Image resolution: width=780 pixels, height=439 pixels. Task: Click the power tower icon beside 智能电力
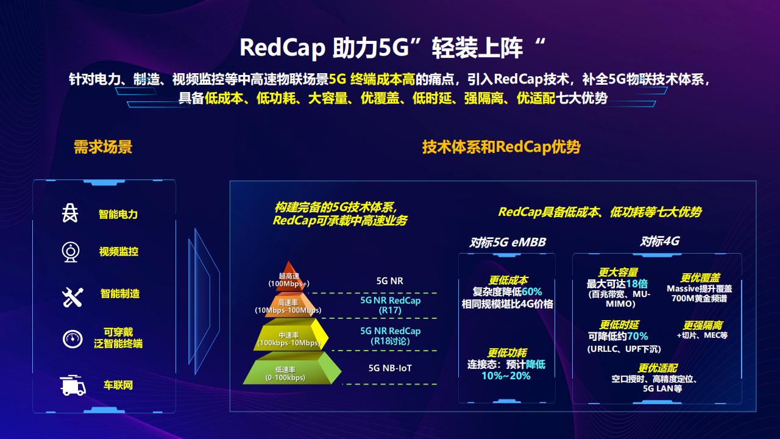click(x=71, y=213)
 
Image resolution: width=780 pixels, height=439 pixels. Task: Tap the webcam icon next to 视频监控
click(x=71, y=251)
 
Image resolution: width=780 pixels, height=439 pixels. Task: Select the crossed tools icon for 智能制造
click(x=72, y=297)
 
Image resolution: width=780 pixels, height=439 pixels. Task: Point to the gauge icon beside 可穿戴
click(x=72, y=338)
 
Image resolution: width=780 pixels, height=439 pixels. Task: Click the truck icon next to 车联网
click(x=73, y=385)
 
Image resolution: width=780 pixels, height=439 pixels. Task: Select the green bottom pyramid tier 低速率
click(x=286, y=370)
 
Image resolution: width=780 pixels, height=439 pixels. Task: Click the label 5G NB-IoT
click(x=390, y=368)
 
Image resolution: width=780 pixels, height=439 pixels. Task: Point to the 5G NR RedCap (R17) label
click(x=390, y=305)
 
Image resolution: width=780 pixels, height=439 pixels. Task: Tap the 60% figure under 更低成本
click(x=531, y=291)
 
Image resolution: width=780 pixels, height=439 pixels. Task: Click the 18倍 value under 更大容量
click(x=636, y=284)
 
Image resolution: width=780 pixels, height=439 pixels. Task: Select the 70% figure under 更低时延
click(x=637, y=336)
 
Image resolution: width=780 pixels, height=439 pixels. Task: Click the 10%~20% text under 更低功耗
click(x=506, y=376)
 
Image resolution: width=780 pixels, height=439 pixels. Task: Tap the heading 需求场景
click(x=103, y=147)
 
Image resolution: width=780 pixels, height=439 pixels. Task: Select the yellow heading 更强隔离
click(x=703, y=326)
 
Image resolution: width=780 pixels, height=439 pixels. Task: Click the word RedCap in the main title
click(x=282, y=48)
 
